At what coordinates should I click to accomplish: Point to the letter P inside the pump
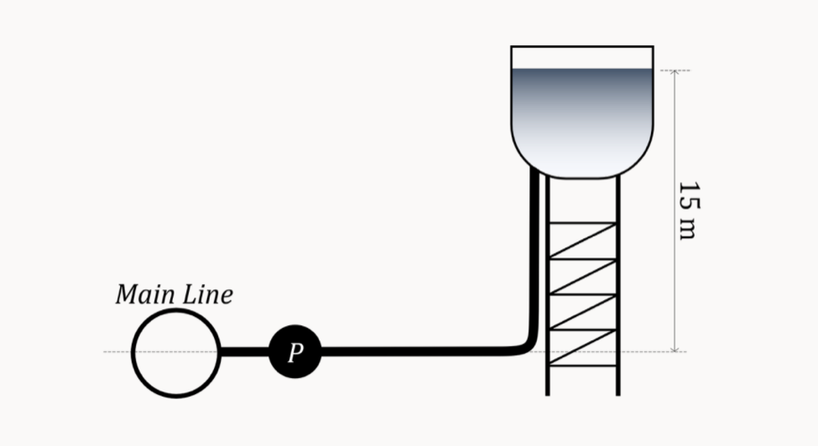click(294, 353)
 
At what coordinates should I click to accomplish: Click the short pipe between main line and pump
click(244, 352)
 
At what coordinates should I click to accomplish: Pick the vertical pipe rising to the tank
click(534, 252)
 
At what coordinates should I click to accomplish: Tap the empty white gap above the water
click(581, 58)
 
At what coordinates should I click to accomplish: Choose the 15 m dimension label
click(687, 210)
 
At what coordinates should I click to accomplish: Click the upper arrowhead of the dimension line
click(675, 74)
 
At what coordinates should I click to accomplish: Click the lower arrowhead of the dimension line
click(675, 348)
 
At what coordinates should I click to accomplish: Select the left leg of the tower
click(548, 285)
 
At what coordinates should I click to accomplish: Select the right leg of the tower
click(618, 285)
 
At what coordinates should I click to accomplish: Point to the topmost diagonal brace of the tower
click(583, 241)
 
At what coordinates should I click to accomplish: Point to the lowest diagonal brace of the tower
click(583, 348)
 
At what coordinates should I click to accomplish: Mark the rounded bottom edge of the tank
click(581, 177)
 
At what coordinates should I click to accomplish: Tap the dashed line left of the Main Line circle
click(117, 351)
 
